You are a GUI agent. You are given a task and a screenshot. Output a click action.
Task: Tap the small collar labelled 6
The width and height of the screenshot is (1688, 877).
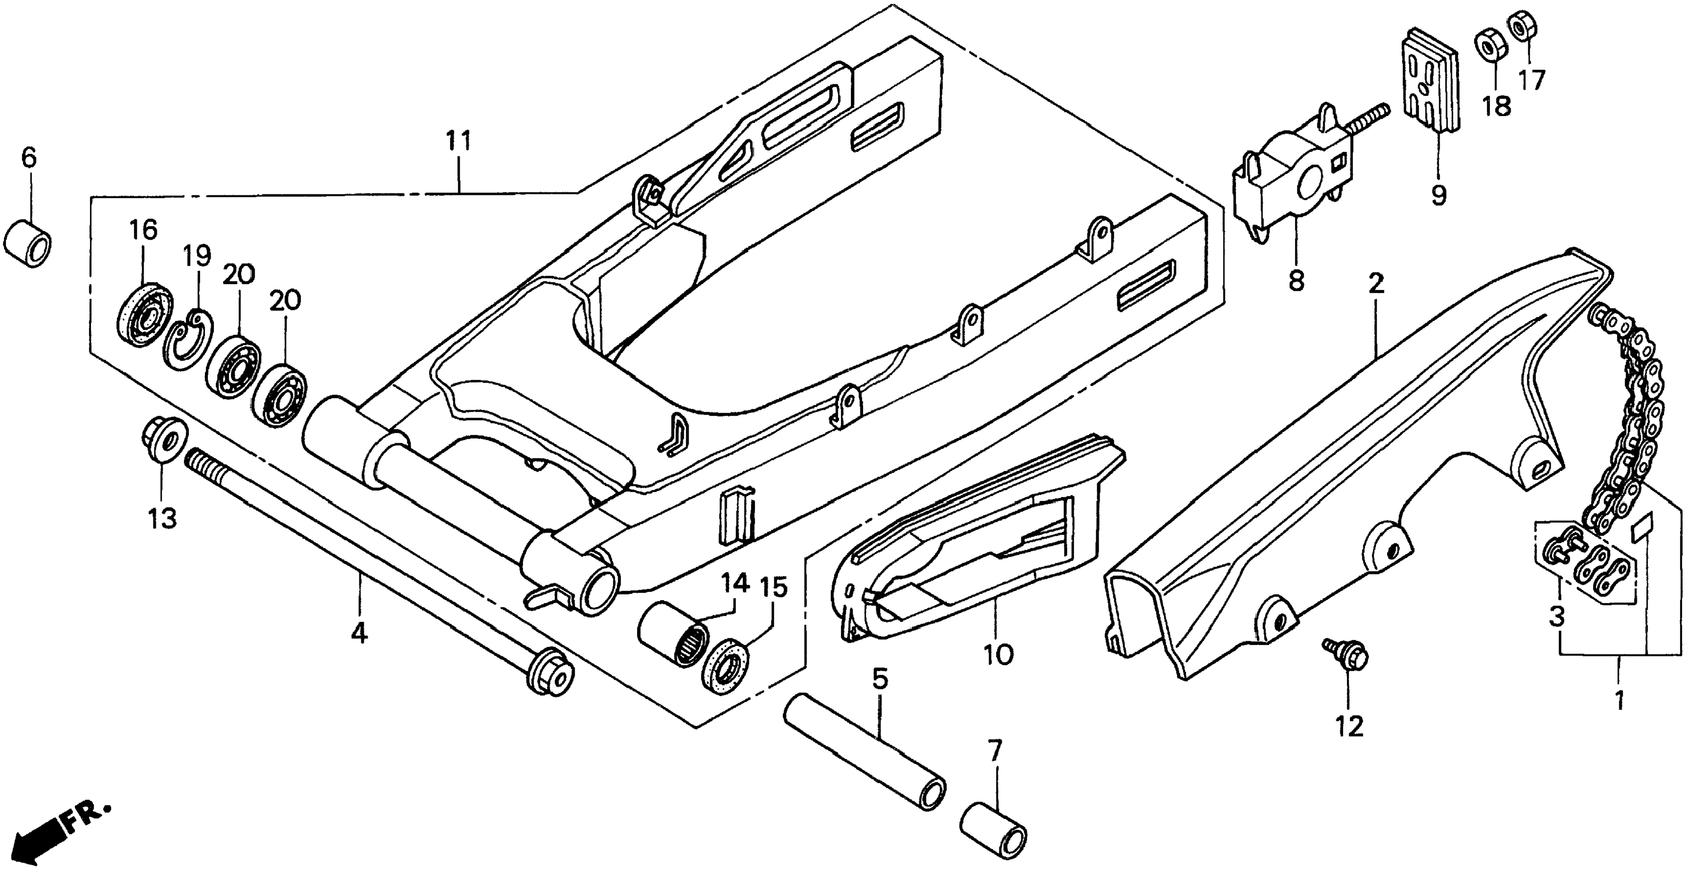pos(28,245)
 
